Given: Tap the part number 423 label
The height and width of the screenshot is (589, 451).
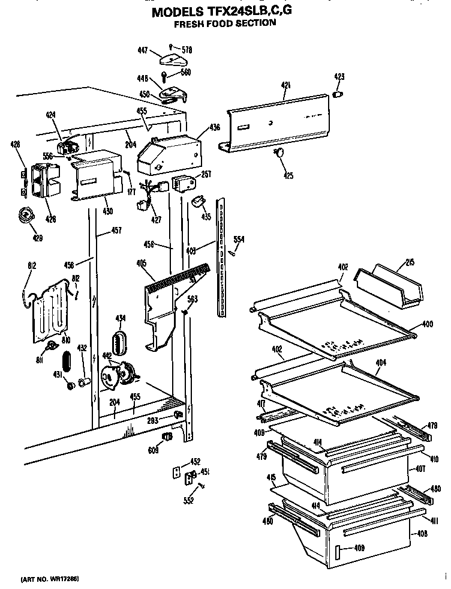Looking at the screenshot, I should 339,76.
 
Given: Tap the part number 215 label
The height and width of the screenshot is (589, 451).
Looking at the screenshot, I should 411,262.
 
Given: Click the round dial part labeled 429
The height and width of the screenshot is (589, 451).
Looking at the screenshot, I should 27,214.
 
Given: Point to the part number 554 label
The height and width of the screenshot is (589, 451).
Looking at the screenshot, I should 238,240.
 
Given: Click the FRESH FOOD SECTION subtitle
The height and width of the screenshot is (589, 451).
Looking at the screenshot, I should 225,23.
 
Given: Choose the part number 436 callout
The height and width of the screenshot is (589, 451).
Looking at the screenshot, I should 214,127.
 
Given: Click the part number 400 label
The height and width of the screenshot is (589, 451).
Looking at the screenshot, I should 426,324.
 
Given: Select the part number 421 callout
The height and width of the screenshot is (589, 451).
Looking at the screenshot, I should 285,86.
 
